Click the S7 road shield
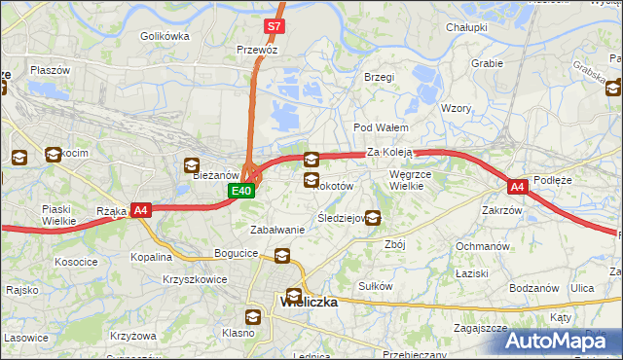click(x=275, y=27)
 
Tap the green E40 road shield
click(x=242, y=192)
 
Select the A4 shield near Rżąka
click(x=141, y=209)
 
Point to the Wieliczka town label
click(x=309, y=302)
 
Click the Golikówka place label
click(x=164, y=36)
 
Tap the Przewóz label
click(x=258, y=48)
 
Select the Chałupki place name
click(x=466, y=27)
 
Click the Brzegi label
click(x=379, y=77)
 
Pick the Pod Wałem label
click(x=381, y=127)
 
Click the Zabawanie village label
click(x=278, y=230)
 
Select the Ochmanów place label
click(x=484, y=246)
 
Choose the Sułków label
click(x=376, y=286)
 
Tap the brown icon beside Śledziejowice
click(x=372, y=218)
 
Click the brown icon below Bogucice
click(x=282, y=257)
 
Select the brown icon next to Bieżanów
click(x=190, y=165)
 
